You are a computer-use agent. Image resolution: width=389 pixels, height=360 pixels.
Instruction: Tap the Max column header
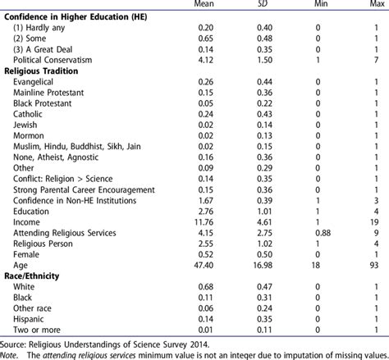click(373, 6)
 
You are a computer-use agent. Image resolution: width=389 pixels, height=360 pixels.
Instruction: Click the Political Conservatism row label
click(49, 60)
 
